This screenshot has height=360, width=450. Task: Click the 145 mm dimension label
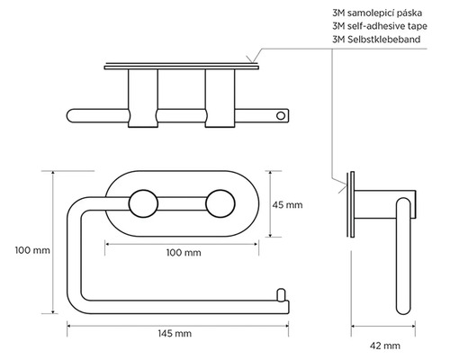point(175,333)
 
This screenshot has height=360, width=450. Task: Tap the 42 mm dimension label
point(385,346)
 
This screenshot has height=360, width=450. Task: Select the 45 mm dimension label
point(287,205)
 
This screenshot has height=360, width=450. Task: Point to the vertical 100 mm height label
point(32,250)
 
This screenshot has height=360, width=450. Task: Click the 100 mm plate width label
point(184,253)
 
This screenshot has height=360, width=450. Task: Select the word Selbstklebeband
point(383,40)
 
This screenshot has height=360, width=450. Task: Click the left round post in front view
point(143,203)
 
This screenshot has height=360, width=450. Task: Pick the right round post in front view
point(220,203)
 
